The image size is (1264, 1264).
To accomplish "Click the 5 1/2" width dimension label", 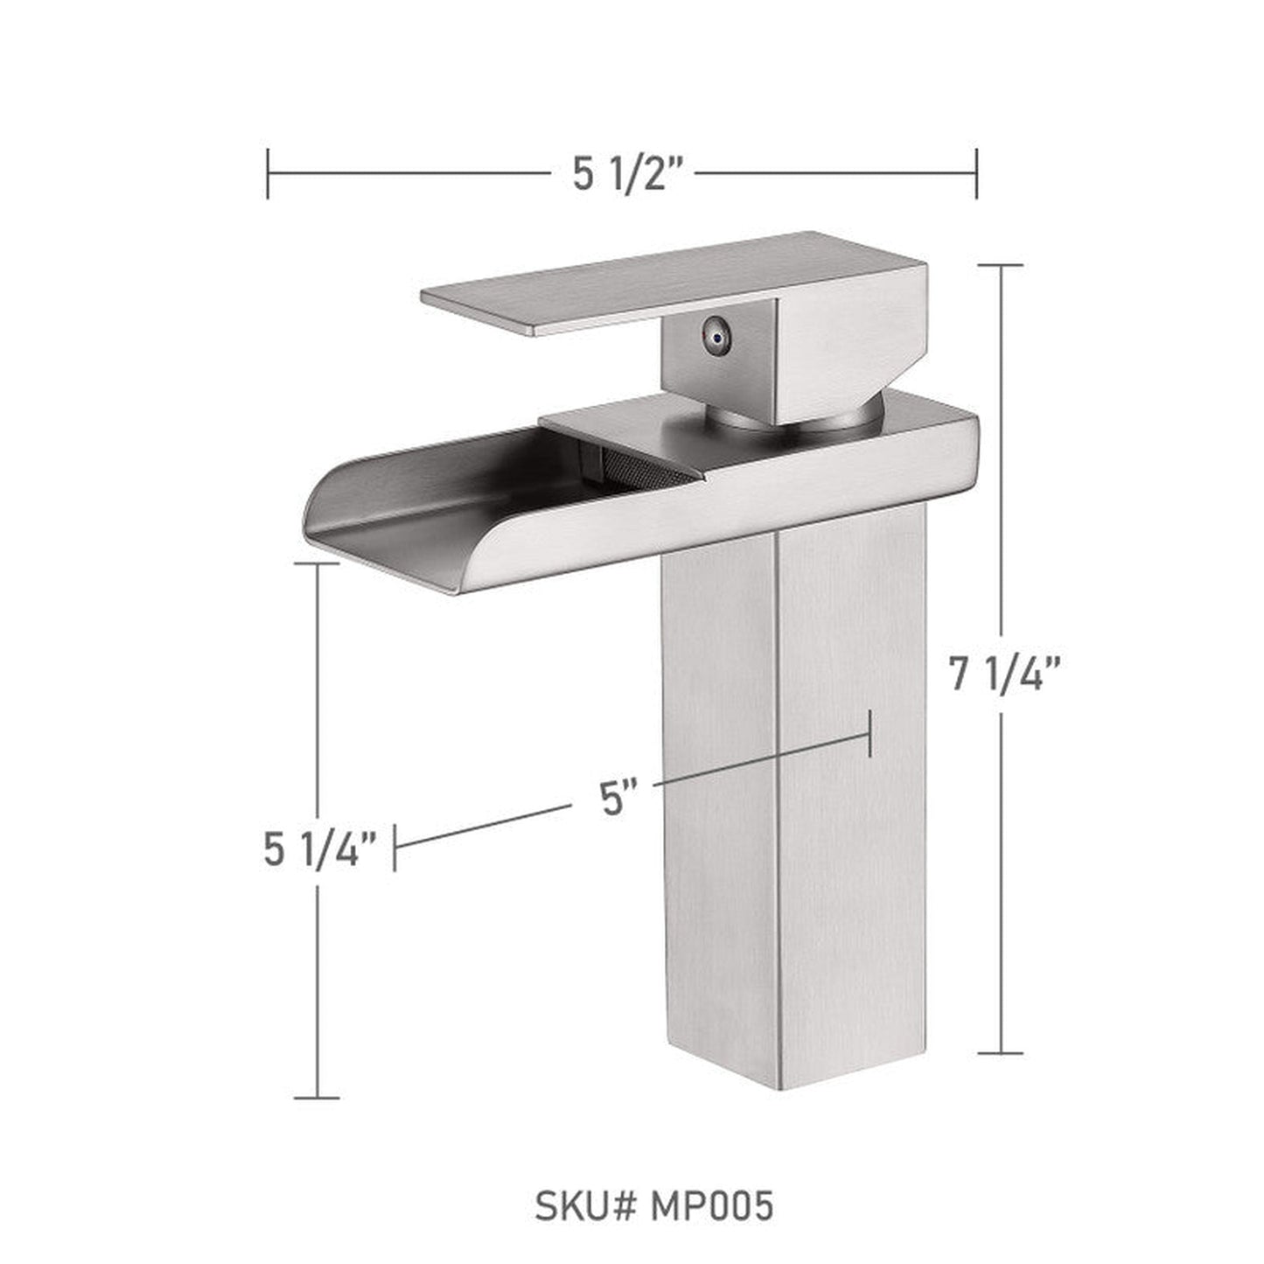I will click(627, 175).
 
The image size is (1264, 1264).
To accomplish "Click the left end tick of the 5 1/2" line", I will click(269, 174).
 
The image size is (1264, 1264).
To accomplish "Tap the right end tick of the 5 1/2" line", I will click(976, 174).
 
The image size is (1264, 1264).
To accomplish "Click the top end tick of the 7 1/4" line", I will click(1001, 265).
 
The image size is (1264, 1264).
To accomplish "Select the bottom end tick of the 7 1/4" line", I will click(1001, 1053).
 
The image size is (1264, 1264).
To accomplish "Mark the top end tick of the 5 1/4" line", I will click(316, 564).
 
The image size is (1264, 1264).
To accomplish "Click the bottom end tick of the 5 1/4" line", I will click(316, 1097).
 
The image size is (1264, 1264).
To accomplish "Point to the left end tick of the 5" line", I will click(395, 847).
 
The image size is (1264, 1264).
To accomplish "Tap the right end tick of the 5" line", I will click(870, 734).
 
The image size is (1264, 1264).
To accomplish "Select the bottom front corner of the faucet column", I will click(778, 1088).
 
